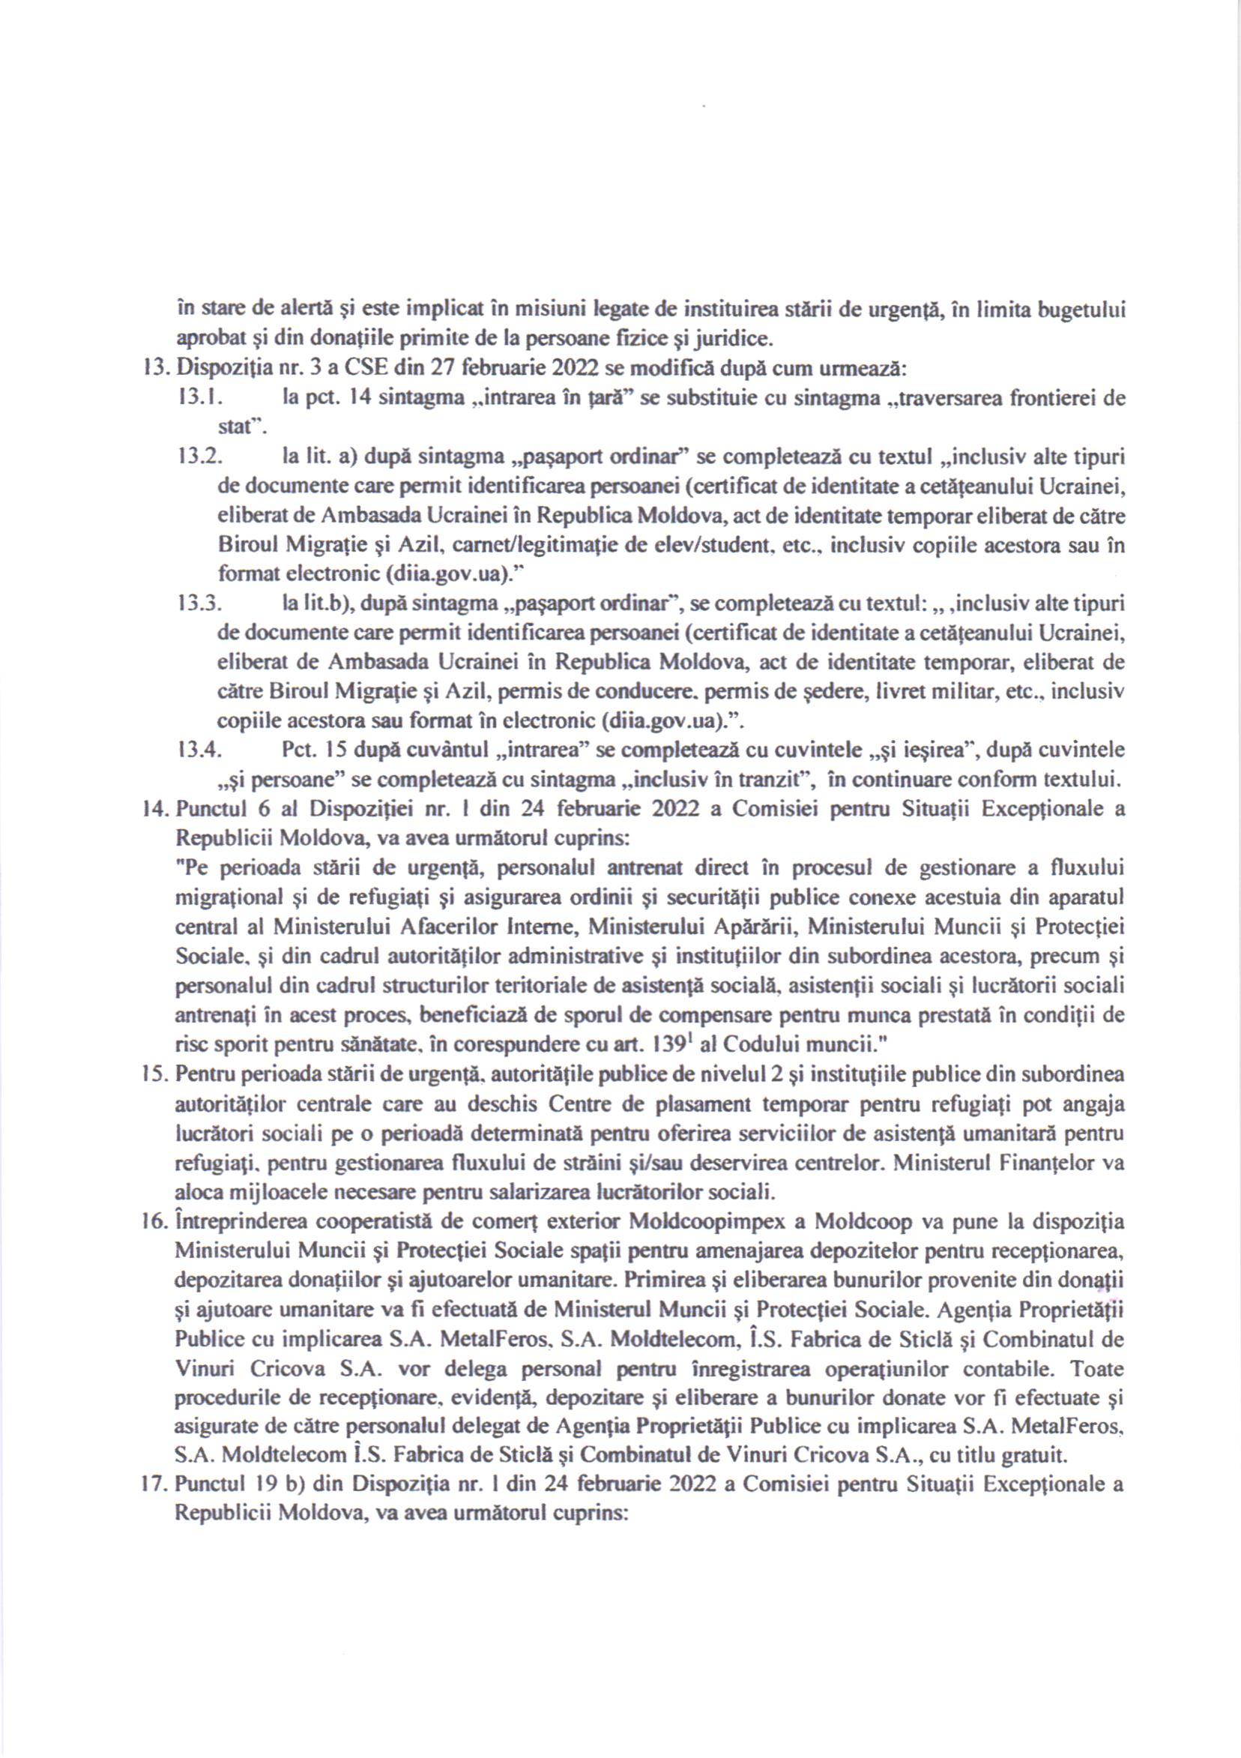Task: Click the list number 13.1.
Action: coord(198,399)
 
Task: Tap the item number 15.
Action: coord(157,1076)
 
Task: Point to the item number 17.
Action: coord(156,1487)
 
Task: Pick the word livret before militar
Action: coord(905,692)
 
